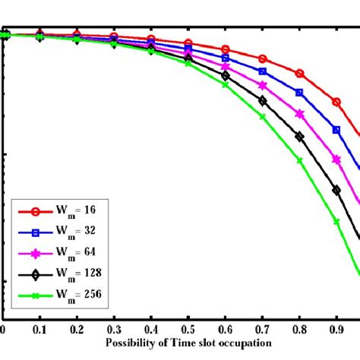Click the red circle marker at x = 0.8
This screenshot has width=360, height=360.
coord(299,74)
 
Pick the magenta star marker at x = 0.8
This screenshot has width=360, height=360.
coord(299,115)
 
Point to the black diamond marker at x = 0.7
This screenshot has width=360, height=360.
coord(263,100)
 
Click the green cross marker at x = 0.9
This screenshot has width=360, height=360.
coord(336,222)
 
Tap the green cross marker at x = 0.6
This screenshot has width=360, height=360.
coord(226,84)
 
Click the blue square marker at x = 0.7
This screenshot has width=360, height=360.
coord(263,71)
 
